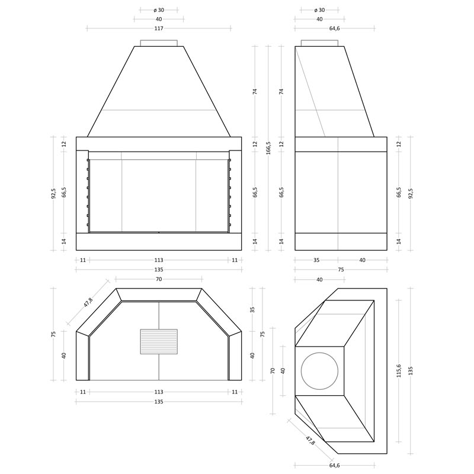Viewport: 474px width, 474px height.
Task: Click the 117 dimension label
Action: [159, 28]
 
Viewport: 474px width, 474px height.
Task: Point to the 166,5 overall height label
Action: [268, 148]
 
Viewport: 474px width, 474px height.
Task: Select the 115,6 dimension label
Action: [399, 371]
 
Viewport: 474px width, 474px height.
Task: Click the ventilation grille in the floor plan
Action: [159, 342]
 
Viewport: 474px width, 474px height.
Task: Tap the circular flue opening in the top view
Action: [319, 371]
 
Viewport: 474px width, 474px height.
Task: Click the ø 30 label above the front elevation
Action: [159, 10]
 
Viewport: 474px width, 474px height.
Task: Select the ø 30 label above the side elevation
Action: [319, 10]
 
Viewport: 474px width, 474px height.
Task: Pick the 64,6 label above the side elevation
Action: [334, 28]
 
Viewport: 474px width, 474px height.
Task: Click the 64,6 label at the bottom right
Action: [334, 465]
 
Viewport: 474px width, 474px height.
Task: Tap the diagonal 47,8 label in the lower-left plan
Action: [88, 302]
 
